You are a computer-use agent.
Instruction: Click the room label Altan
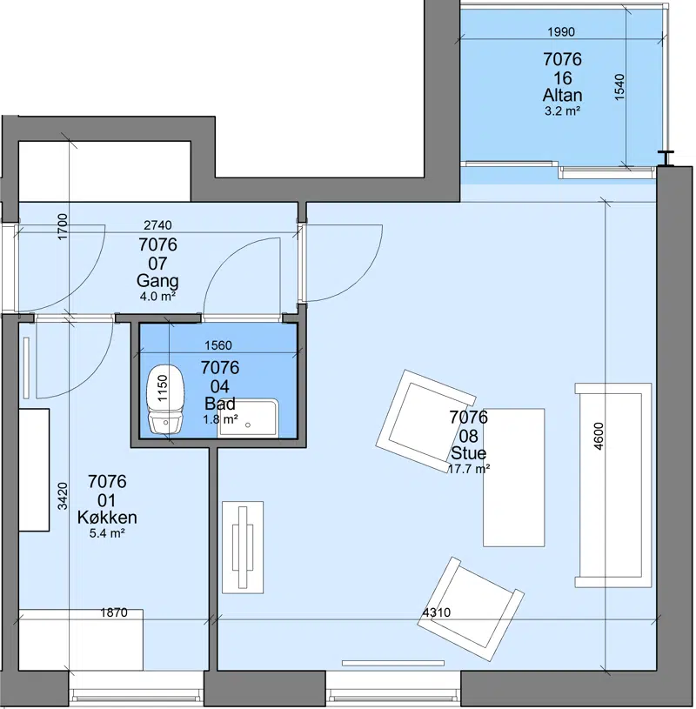click(562, 95)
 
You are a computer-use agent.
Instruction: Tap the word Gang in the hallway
click(157, 281)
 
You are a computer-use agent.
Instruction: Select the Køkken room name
click(107, 517)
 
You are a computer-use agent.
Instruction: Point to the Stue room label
click(469, 453)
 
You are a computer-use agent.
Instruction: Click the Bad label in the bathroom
click(220, 403)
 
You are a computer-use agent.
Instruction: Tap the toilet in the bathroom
click(165, 399)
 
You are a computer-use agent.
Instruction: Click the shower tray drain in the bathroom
click(248, 425)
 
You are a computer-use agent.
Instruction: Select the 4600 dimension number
click(598, 436)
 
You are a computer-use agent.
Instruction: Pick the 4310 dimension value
click(437, 612)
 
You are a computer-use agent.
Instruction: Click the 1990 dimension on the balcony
click(561, 31)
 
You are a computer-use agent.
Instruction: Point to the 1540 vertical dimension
click(619, 87)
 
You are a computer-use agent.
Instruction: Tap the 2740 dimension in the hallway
click(157, 224)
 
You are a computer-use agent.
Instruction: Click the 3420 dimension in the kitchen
click(63, 496)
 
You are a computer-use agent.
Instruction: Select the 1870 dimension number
click(113, 612)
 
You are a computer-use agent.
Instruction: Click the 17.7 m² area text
click(469, 469)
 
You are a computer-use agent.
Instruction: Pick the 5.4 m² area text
click(107, 533)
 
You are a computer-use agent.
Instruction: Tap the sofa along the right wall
click(613, 485)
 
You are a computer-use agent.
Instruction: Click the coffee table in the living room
click(514, 478)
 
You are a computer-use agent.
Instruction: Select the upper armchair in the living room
click(425, 421)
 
